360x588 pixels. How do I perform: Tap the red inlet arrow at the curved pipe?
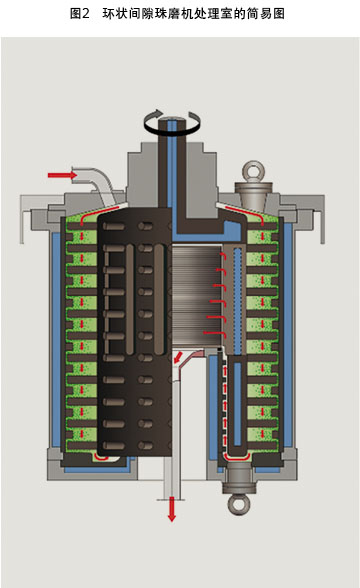62,175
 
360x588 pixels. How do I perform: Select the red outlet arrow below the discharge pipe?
171,510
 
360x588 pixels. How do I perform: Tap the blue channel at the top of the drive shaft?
173,165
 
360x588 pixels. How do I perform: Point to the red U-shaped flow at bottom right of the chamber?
238,455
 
